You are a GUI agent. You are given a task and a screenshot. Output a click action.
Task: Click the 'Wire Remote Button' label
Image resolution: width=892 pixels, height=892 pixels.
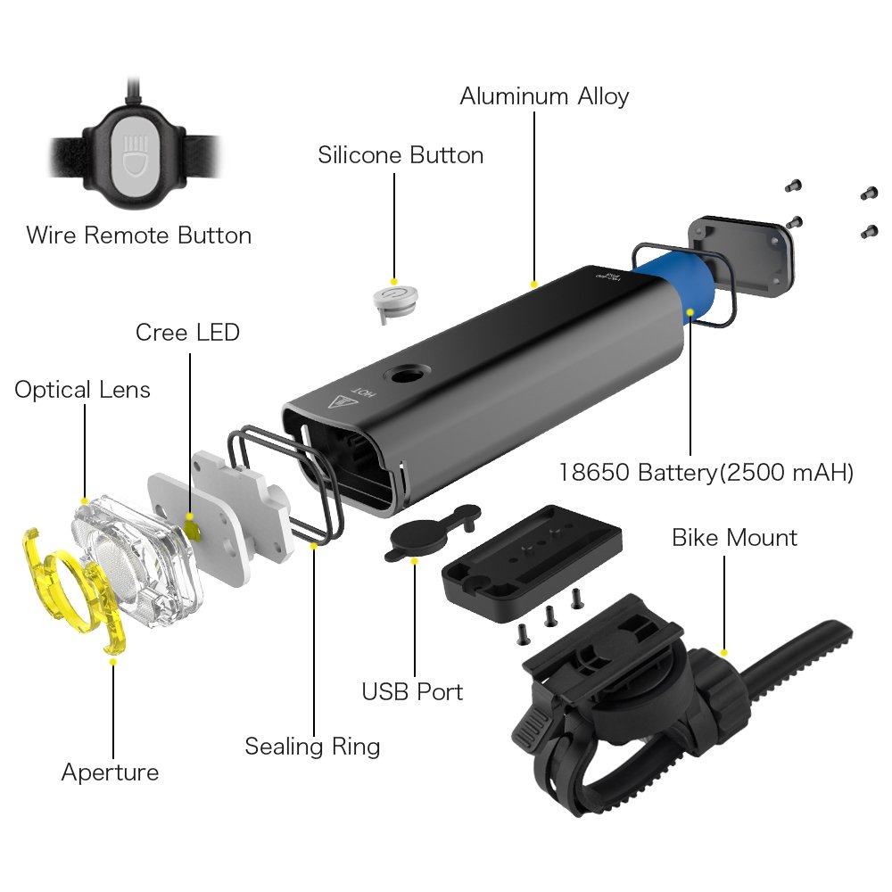click(138, 235)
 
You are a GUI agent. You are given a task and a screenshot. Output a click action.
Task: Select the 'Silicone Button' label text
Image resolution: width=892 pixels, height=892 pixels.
click(401, 155)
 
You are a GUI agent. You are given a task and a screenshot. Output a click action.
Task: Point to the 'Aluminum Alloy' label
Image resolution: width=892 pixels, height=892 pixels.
click(544, 96)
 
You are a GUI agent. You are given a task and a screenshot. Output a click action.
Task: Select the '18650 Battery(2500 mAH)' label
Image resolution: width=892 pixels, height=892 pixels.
click(706, 472)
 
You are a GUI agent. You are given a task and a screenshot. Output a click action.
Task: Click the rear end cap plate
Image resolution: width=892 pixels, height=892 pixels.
click(740, 254)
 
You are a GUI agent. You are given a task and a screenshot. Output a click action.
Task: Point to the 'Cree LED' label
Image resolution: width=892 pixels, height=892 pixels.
click(187, 333)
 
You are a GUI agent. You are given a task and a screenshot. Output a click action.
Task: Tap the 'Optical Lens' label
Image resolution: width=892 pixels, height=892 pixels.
click(82, 390)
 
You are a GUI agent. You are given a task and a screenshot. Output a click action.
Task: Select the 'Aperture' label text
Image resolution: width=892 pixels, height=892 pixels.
click(110, 772)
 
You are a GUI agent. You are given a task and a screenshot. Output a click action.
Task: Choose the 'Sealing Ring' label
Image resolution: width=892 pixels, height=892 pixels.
click(312, 746)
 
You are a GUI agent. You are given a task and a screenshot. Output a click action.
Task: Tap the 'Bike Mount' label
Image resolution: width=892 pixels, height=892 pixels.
click(734, 538)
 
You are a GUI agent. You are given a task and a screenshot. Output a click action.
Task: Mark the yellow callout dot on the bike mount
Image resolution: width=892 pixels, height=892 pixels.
click(724, 652)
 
